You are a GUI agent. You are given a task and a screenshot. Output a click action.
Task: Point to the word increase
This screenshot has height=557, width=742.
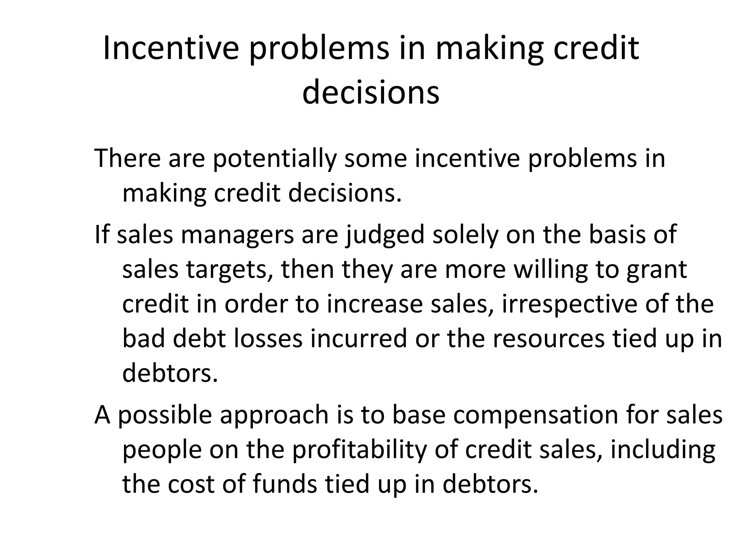point(375,305)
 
